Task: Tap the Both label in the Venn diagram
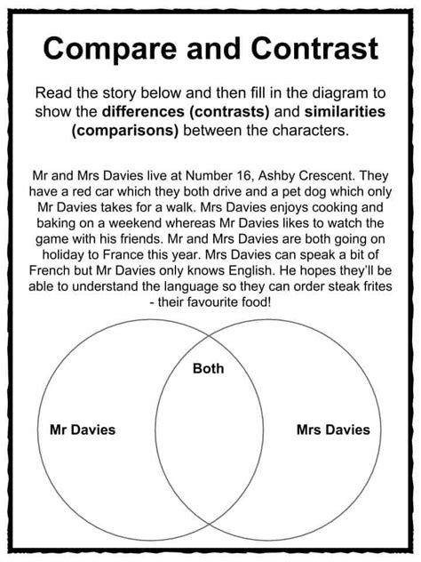(x=209, y=369)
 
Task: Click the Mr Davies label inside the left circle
(x=82, y=430)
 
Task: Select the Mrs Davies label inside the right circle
(x=332, y=430)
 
